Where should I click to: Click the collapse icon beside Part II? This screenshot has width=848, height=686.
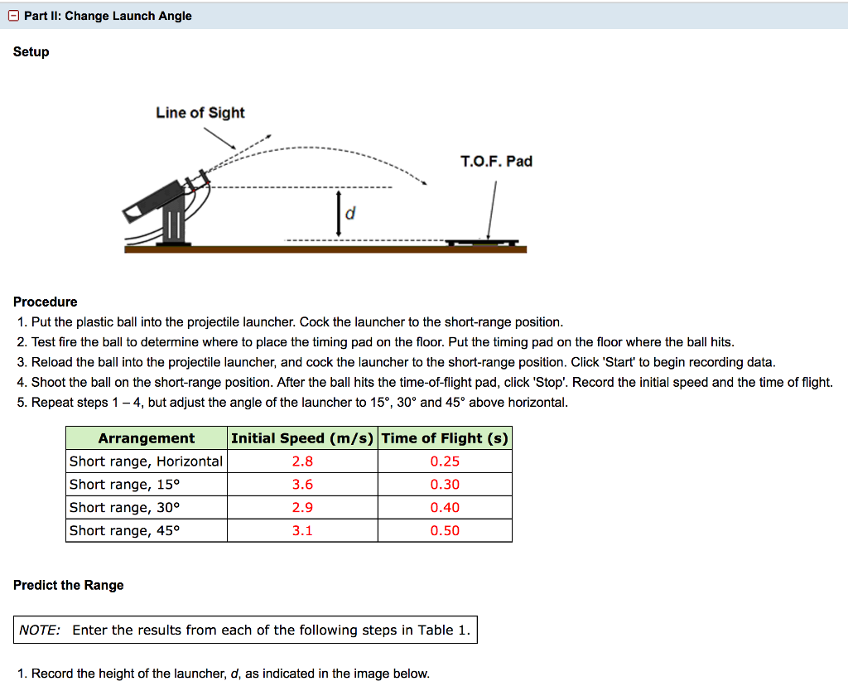pyautogui.click(x=16, y=16)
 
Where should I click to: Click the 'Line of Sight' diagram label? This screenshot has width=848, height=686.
pyautogui.click(x=200, y=113)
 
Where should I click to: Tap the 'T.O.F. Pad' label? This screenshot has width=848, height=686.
pyautogui.click(x=496, y=161)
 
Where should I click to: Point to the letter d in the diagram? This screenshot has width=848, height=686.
pyautogui.click(x=350, y=214)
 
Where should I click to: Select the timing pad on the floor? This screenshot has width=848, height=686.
pyautogui.click(x=481, y=242)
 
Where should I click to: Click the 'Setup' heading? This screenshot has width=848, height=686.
pyautogui.click(x=31, y=52)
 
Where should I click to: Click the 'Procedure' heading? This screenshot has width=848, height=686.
pyautogui.click(x=46, y=302)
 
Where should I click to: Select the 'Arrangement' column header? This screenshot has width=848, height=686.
pyautogui.click(x=147, y=438)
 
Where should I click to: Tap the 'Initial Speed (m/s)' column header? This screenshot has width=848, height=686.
pyautogui.click(x=302, y=438)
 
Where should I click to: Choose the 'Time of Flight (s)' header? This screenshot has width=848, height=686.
pyautogui.click(x=445, y=438)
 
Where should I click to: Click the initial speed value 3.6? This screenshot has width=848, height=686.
pyautogui.click(x=302, y=485)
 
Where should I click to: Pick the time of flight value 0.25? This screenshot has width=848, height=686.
pyautogui.click(x=445, y=461)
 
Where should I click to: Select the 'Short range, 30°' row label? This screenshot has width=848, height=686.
pyautogui.click(x=124, y=508)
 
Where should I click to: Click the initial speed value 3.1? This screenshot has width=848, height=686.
pyautogui.click(x=302, y=531)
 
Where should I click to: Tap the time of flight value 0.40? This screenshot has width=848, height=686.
pyautogui.click(x=445, y=508)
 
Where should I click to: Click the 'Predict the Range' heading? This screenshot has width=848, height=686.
pyautogui.click(x=69, y=585)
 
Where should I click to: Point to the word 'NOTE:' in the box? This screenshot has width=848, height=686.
pyautogui.click(x=40, y=630)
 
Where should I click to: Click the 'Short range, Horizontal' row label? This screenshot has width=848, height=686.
pyautogui.click(x=146, y=461)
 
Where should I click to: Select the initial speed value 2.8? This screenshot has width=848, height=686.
pyautogui.click(x=302, y=461)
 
